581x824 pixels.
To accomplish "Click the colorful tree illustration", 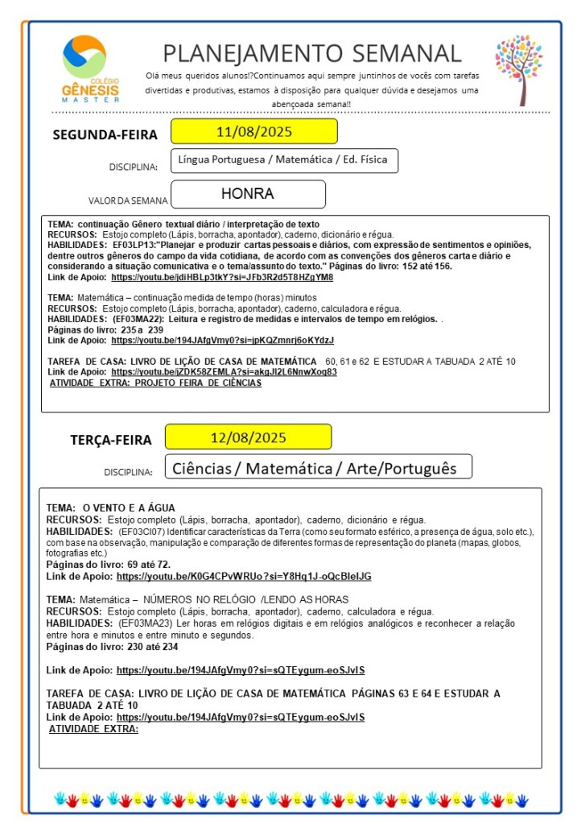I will click(519, 69).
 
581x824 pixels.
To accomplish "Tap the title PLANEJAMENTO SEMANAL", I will click(312, 53).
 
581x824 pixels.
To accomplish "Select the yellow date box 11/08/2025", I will click(253, 131).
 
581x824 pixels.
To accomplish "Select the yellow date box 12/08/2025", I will click(248, 437).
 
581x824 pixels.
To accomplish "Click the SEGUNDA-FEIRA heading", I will click(105, 135).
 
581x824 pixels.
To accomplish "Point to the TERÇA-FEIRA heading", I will click(111, 440).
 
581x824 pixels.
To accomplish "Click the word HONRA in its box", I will click(248, 194).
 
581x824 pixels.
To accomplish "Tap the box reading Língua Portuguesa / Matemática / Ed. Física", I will click(283, 159).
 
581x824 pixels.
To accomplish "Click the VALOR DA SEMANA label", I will click(128, 201).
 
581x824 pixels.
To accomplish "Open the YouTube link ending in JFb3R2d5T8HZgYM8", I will click(222, 276).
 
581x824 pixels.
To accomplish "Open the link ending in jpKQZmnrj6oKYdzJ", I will click(222, 340).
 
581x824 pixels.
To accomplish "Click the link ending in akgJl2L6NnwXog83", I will click(224, 372).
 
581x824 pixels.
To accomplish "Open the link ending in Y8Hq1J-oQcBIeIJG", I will click(244, 577).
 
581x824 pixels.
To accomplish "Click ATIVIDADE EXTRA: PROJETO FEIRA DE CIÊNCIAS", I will click(155, 383).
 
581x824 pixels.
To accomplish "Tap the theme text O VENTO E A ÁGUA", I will click(129, 508).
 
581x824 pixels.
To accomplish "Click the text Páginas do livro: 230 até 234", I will click(113, 646).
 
